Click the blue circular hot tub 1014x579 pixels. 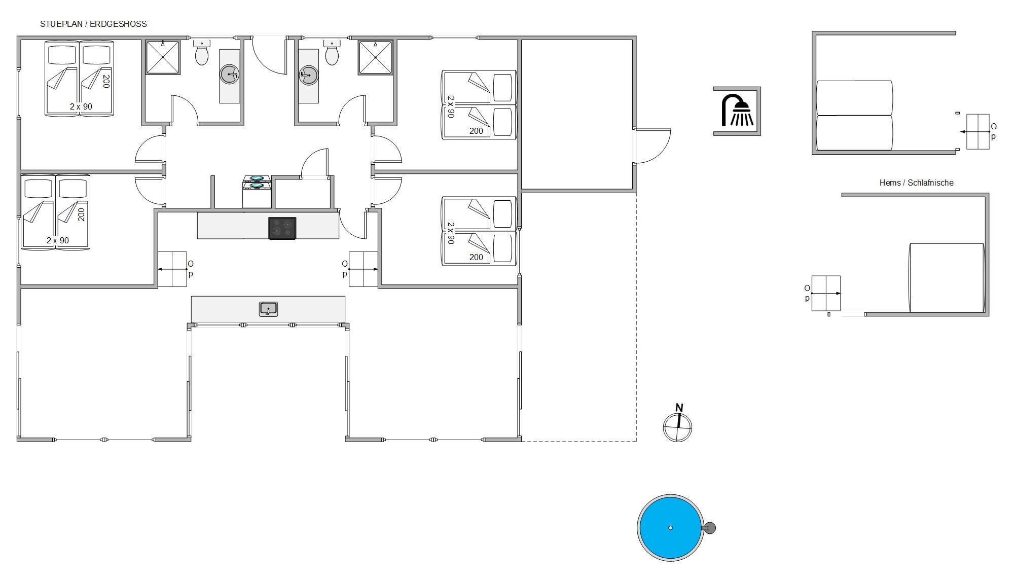click(x=671, y=528)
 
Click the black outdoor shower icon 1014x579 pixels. click(x=738, y=110)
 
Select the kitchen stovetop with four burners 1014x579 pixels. click(x=282, y=228)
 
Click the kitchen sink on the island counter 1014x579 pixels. click(x=268, y=309)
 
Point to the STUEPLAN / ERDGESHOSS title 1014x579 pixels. click(x=93, y=24)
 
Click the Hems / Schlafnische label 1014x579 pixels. click(x=916, y=183)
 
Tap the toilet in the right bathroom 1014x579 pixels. click(x=332, y=52)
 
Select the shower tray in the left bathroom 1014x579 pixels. click(x=163, y=57)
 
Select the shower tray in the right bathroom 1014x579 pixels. click(x=375, y=57)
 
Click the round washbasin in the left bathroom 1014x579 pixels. click(x=230, y=75)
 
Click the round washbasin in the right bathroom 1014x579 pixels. click(x=308, y=75)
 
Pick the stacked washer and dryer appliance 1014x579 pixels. click(x=257, y=192)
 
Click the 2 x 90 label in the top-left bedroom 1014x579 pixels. click(x=81, y=106)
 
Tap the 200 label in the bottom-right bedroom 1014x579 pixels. click(x=476, y=257)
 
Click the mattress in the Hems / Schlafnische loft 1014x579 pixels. click(x=947, y=278)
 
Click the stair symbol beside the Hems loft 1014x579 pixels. click(x=826, y=293)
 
